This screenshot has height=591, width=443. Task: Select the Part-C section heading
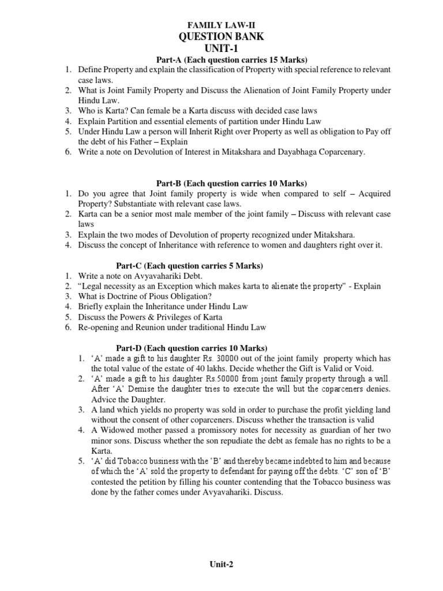190,265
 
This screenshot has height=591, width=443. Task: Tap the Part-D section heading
192,348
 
